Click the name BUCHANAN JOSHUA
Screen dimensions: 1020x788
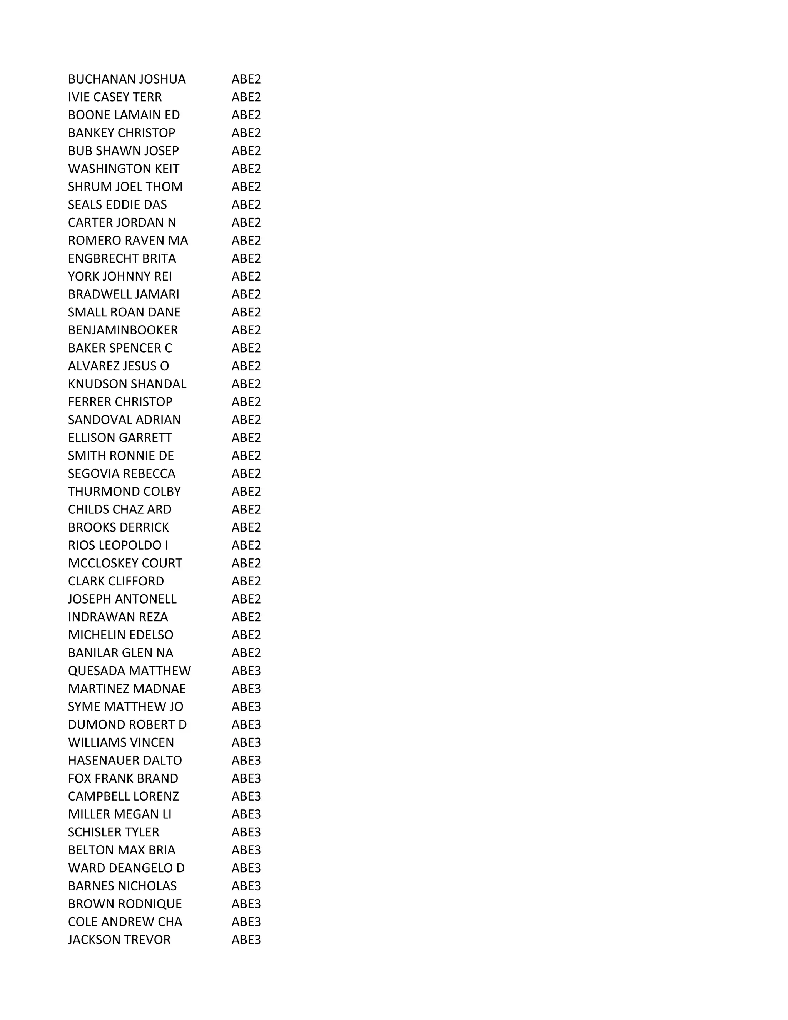coord(127,79)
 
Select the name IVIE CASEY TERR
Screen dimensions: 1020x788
coord(115,97)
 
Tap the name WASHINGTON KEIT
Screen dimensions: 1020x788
coord(123,169)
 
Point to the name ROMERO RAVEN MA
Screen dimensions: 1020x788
coord(128,241)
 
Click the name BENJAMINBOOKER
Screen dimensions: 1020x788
coord(123,330)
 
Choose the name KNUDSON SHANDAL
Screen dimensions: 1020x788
coord(127,384)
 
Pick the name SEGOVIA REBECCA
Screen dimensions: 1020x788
coord(121,473)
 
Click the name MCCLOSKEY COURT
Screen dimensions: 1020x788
coord(125,563)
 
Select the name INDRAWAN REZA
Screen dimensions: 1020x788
coord(118,617)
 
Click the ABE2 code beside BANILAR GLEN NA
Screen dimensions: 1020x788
coord(246,653)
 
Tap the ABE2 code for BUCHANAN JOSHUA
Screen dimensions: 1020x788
coord(246,79)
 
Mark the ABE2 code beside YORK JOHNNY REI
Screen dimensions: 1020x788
coord(246,276)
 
